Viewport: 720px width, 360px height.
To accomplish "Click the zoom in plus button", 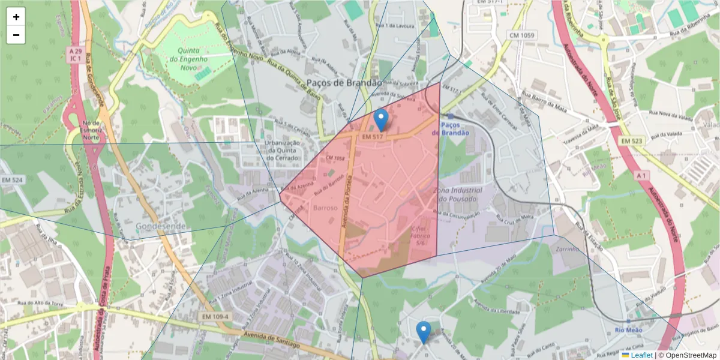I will tap(16, 17).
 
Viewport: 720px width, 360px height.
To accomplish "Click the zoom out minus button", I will tap(16, 35).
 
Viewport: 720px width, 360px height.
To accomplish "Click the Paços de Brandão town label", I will tap(343, 83).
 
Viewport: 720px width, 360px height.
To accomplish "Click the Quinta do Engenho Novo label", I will tap(188, 59).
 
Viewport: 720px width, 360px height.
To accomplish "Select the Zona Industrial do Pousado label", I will tap(457, 194).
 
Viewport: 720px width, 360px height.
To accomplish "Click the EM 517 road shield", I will tap(373, 137).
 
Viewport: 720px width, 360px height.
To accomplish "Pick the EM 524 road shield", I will tap(12, 179).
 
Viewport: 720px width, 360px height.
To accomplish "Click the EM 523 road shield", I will tap(632, 140).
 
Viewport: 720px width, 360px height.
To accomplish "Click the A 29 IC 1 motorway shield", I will tap(74, 55).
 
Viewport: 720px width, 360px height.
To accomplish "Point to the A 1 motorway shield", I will tap(641, 175).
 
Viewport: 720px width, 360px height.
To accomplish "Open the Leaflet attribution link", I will tap(641, 355).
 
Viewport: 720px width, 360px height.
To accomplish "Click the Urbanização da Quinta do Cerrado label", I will tap(273, 151).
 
